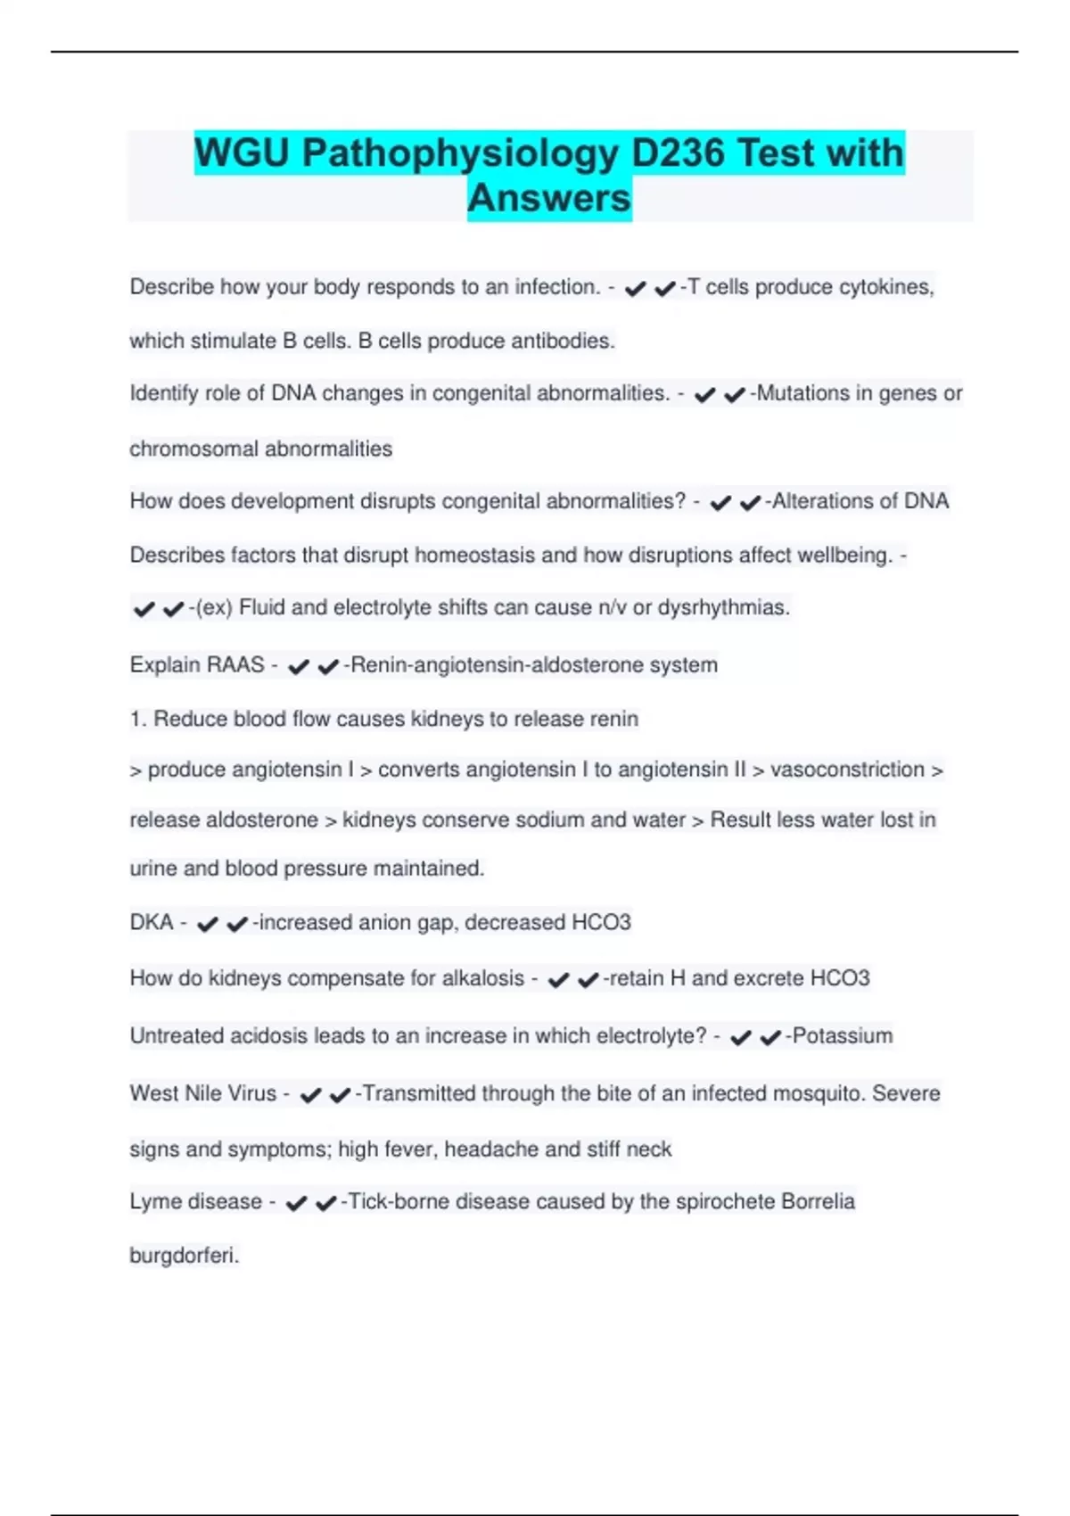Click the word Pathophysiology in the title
[x=459, y=152]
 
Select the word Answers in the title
[x=549, y=198]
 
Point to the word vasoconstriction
[x=847, y=769]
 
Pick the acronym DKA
[x=151, y=922]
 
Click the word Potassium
[x=842, y=1035]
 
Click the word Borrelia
[x=818, y=1201]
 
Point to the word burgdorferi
[x=184, y=1256]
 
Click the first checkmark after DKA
[x=208, y=924]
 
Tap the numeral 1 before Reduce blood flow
[x=136, y=719]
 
